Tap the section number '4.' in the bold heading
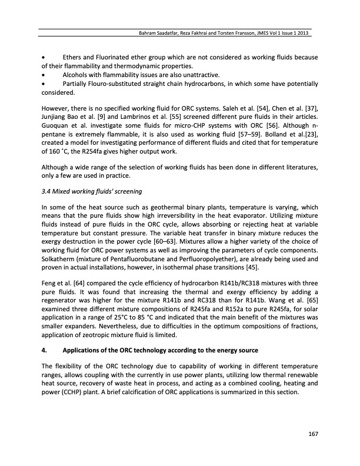[x=44, y=351]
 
